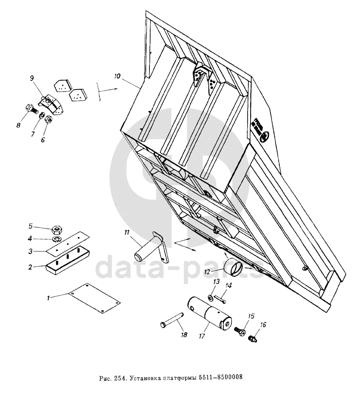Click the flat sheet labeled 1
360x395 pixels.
tap(95, 296)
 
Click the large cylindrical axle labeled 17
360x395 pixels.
tap(210, 313)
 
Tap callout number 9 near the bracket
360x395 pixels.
tap(32, 78)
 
